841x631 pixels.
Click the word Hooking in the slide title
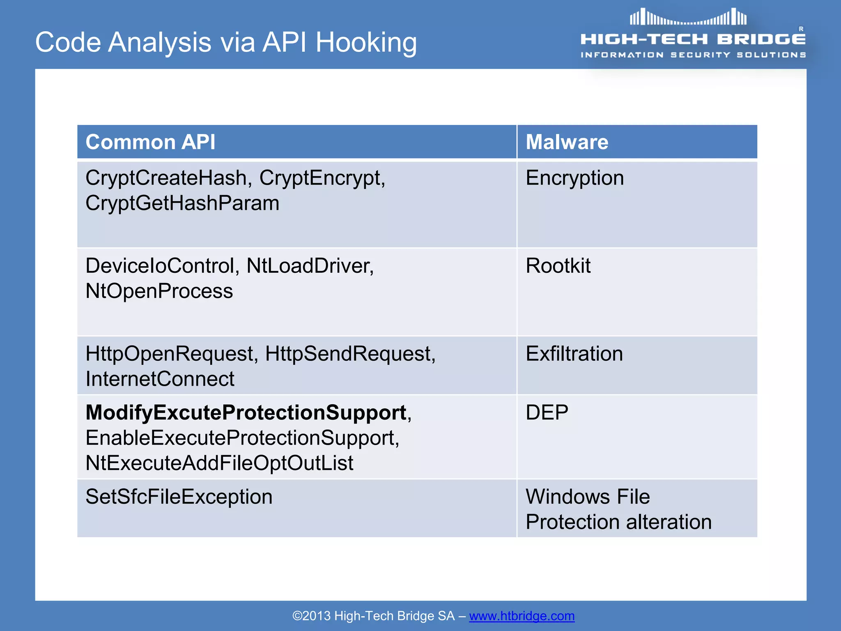[366, 43]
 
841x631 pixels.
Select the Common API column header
[150, 142]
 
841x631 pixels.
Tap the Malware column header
[567, 142]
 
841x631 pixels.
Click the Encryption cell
[574, 178]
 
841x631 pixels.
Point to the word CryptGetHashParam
[182, 203]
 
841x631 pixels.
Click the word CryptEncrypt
[322, 178]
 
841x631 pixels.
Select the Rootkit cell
[558, 266]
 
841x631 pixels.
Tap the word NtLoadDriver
[310, 266]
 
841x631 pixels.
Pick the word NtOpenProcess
[159, 291]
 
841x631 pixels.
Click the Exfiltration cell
[574, 354]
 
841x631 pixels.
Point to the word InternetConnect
[160, 379]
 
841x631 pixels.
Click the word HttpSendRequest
[350, 354]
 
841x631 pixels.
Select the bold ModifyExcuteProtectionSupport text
[246, 412]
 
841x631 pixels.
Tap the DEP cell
[547, 412]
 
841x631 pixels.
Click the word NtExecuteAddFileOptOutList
[219, 463]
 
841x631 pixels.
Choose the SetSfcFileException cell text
[179, 497]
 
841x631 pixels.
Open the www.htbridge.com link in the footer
[522, 616]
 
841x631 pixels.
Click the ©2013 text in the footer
[311, 616]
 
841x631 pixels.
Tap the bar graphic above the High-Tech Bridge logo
[688, 18]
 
